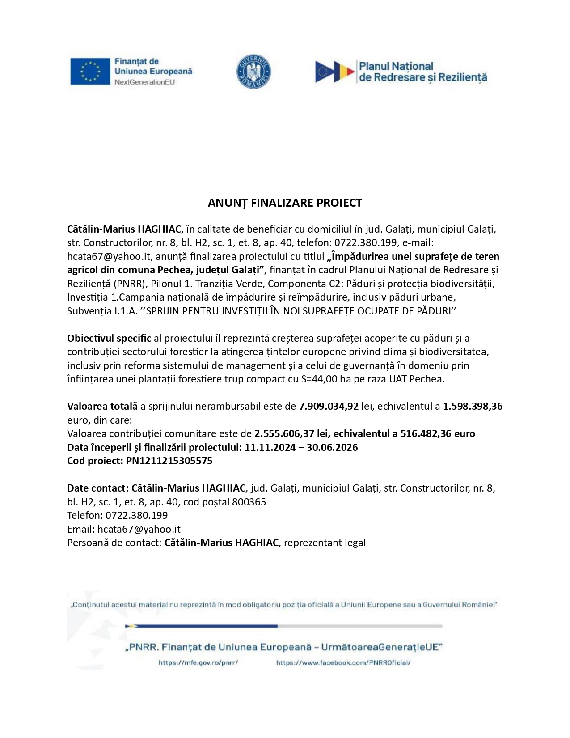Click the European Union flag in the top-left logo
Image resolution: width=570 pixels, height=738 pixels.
coord(90,72)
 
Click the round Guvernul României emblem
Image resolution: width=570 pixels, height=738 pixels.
coord(253,72)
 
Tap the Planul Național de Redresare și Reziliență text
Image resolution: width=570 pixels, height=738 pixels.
coord(422,72)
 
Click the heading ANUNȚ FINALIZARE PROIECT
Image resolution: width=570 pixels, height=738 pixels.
coord(285,203)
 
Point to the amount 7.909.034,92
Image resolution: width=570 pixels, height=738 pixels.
coord(329,406)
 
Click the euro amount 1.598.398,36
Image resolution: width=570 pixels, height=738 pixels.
coord(473,406)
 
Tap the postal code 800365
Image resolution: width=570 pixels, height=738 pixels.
coord(249,502)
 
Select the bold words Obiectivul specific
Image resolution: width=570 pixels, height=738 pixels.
coord(109,338)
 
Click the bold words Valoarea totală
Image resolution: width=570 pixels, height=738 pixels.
coord(102,406)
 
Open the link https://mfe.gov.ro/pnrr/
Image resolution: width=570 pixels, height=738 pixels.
coord(198,663)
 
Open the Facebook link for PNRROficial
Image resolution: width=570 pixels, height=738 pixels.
coord(343,663)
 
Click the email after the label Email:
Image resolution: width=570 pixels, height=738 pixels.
coord(139,529)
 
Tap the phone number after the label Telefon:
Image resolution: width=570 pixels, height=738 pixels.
coord(137,515)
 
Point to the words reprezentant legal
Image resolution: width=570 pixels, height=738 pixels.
coord(325,543)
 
